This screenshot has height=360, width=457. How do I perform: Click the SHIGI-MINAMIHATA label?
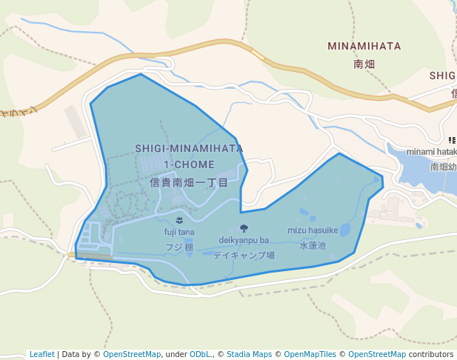pyautogui.click(x=189, y=148)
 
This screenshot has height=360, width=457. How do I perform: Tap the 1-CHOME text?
pyautogui.click(x=190, y=164)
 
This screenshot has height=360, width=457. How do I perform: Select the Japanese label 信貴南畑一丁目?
pyautogui.click(x=189, y=181)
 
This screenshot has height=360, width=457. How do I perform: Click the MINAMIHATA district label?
pyautogui.click(x=364, y=47)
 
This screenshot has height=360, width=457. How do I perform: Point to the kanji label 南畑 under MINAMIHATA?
pyautogui.click(x=364, y=64)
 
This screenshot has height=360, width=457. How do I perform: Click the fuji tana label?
pyautogui.click(x=179, y=233)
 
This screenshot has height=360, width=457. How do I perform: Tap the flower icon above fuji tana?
pyautogui.click(x=180, y=220)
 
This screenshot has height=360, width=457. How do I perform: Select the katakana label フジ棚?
pyautogui.click(x=179, y=247)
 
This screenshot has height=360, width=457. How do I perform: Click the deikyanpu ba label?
pyautogui.click(x=244, y=240)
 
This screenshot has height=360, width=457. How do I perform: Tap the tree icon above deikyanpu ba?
pyautogui.click(x=244, y=228)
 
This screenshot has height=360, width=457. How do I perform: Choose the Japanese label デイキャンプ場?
pyautogui.click(x=244, y=255)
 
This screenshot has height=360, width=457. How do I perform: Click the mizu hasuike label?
pyautogui.click(x=313, y=230)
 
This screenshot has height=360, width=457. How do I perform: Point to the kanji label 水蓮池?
pyautogui.click(x=313, y=244)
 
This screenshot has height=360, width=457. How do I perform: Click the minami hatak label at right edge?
pyautogui.click(x=431, y=152)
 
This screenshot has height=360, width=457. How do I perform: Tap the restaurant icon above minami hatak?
pyautogui.click(x=452, y=140)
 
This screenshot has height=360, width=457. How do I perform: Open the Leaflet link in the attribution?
pyautogui.click(x=42, y=354)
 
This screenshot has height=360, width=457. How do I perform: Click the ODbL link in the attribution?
pyautogui.click(x=200, y=354)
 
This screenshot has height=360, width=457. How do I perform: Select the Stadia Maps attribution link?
pyautogui.click(x=249, y=354)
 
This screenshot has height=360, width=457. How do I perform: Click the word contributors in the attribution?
pyautogui.click(x=431, y=354)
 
